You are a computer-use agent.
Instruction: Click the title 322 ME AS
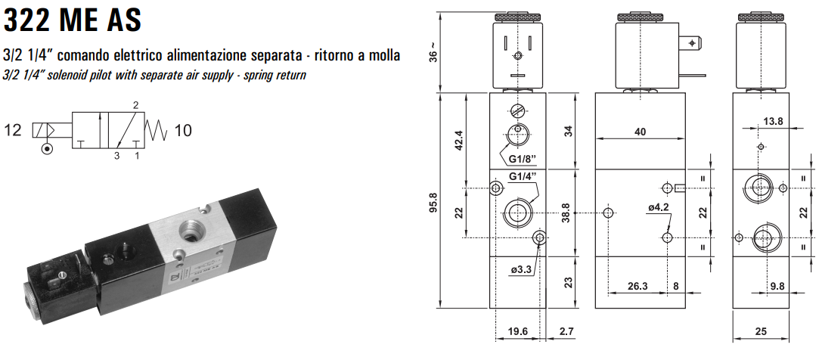click(x=73, y=20)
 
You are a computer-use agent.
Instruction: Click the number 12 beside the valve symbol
click(x=13, y=130)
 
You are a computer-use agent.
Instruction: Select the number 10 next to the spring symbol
click(x=183, y=130)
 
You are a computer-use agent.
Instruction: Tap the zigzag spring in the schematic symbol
click(x=157, y=130)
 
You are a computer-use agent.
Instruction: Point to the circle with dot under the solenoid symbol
click(x=48, y=149)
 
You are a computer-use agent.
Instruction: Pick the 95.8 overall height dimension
click(x=433, y=203)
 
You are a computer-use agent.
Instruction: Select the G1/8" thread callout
click(x=523, y=158)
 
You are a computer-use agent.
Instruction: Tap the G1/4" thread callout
click(x=523, y=177)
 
